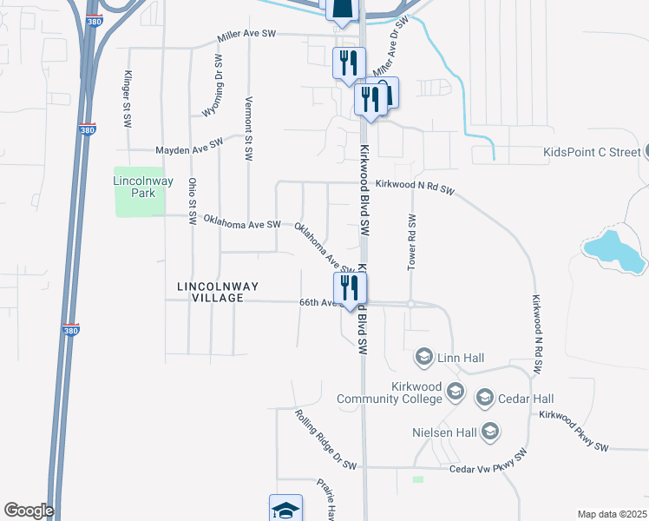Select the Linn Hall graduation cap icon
click(x=424, y=358)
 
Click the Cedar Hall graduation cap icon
click(x=484, y=399)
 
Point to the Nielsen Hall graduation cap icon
click(x=490, y=432)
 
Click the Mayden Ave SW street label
click(x=189, y=147)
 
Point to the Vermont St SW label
click(x=249, y=128)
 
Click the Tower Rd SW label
click(x=411, y=242)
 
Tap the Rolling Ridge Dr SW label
click(x=324, y=440)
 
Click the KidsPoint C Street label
click(x=590, y=152)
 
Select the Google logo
click(x=29, y=511)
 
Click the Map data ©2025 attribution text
click(x=612, y=514)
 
